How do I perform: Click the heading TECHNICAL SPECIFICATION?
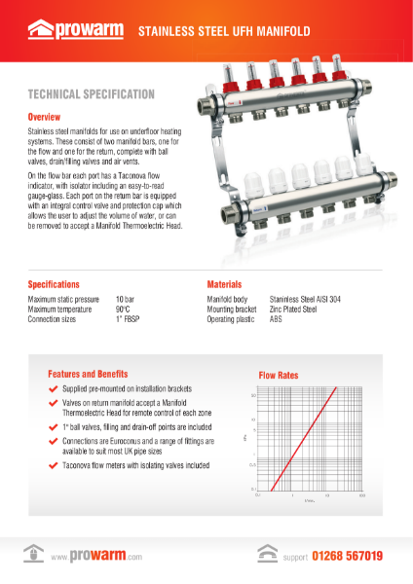92,94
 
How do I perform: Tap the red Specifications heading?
54,284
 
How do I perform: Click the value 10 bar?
125,299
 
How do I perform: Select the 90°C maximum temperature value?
124,309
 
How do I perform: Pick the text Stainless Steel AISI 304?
306,299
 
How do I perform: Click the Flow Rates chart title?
278,375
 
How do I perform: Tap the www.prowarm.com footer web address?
96,557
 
